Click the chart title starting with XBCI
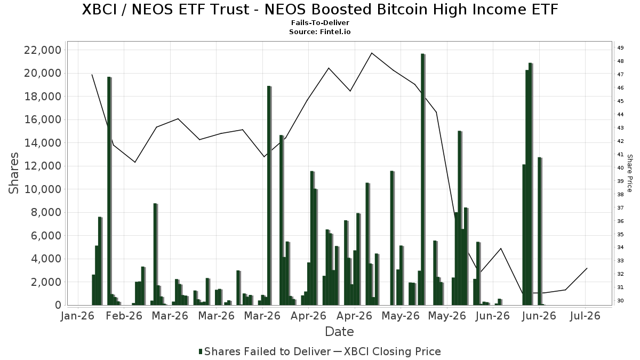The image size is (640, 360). pos(320,10)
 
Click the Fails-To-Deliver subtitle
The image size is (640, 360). pos(320,22)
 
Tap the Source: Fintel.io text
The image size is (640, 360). pos(320,31)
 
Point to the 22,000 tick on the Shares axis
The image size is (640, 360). pos(43,50)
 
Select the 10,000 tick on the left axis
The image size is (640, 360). pos(43,189)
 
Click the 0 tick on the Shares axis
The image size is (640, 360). pos(58,305)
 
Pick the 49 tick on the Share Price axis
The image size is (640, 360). pos(621,47)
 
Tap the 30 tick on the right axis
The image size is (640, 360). pos(621,301)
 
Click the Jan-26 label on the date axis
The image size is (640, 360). pos(78,316)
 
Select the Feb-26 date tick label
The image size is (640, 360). pos(124,316)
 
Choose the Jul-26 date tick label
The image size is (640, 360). pos(585,316)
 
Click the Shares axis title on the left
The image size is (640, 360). pos(13,173)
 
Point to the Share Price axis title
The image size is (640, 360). pos(629,173)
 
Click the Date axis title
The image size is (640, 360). pos(339,332)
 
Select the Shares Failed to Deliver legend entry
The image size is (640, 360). pos(265,351)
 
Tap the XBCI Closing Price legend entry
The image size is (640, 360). pos(387,351)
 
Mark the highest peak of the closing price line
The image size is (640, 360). pos(372,53)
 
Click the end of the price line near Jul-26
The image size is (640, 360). pos(587,268)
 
